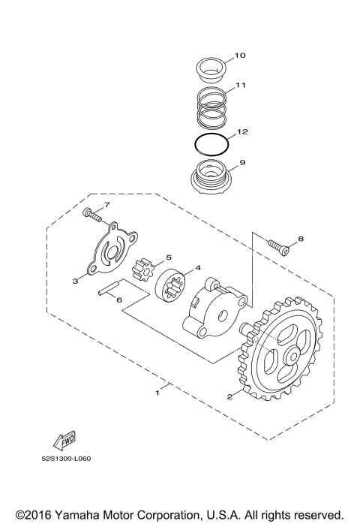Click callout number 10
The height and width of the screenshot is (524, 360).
(240, 56)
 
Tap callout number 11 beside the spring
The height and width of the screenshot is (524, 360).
(240, 86)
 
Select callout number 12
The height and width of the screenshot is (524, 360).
(241, 131)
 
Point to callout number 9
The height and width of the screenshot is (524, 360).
(241, 161)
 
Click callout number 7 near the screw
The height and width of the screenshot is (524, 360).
(107, 204)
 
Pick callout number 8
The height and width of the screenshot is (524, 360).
(301, 239)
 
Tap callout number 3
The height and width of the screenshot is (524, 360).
(75, 282)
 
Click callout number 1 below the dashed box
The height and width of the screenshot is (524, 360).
(157, 392)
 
